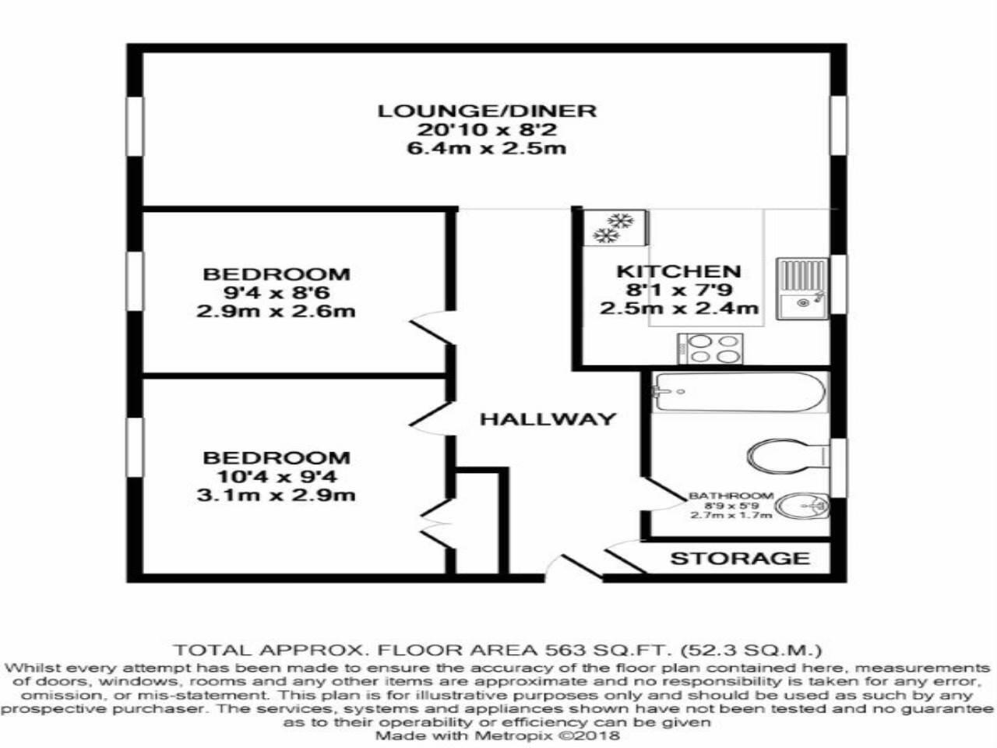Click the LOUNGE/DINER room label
tap(487, 111)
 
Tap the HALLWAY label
tap(547, 419)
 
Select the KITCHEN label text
tap(678, 271)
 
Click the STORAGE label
tap(740, 558)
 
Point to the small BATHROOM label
tap(731, 496)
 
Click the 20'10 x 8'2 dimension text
tap(487, 129)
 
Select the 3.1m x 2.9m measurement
tap(277, 495)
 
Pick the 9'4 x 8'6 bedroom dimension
tap(277, 293)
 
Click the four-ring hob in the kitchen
tap(710, 348)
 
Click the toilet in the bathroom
tap(787, 455)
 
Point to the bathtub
tap(737, 392)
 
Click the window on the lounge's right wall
tap(837, 125)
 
